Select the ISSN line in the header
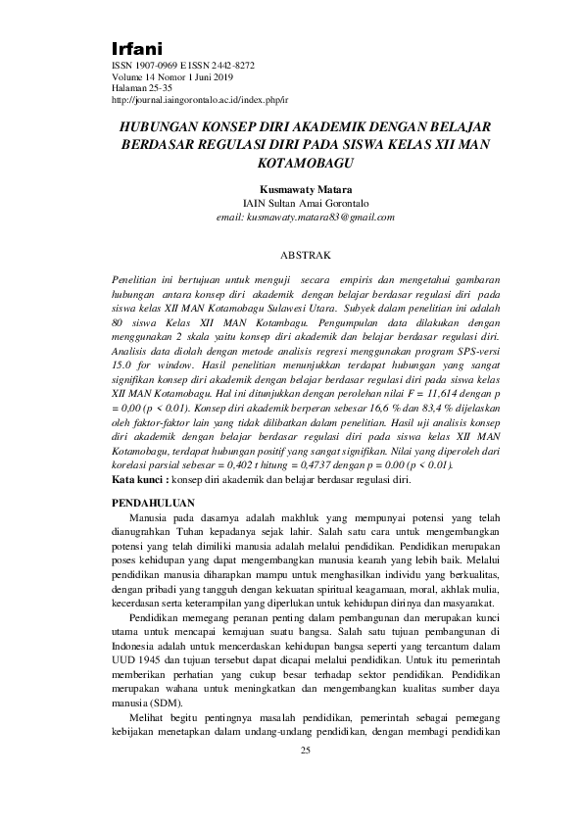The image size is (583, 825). [183, 66]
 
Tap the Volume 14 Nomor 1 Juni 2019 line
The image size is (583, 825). [174, 77]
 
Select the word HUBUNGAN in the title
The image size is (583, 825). [161, 127]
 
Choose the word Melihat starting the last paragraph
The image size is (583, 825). [147, 717]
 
